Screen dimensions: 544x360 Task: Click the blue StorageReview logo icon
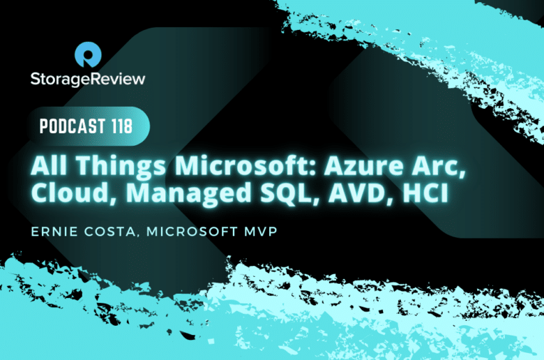click(88, 54)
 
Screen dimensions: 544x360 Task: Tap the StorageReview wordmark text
click(88, 79)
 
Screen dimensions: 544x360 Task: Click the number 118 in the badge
click(122, 126)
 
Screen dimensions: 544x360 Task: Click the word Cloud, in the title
click(73, 193)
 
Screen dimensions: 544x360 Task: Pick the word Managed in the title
click(188, 194)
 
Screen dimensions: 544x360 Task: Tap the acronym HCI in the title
click(425, 193)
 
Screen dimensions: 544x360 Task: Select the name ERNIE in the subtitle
click(54, 232)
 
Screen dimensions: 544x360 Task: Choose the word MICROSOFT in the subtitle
click(192, 232)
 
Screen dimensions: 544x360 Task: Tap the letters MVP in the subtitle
click(261, 232)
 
